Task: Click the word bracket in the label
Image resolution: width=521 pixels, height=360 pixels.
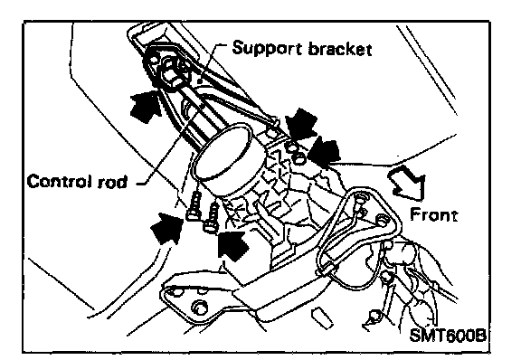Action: click(x=340, y=49)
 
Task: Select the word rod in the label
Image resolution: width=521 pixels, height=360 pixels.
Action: click(x=113, y=182)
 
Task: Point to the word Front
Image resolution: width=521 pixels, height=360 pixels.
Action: click(x=433, y=214)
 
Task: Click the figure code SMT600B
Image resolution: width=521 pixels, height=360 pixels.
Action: click(x=448, y=335)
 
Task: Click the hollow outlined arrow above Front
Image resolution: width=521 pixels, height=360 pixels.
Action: click(x=408, y=183)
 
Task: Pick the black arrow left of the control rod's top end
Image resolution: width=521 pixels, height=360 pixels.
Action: click(x=146, y=106)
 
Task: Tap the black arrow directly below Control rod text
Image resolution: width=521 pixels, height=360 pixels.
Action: click(x=167, y=228)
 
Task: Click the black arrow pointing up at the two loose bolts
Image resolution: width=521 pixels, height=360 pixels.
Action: click(x=233, y=245)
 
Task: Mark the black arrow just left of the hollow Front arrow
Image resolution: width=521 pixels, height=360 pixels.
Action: click(x=324, y=152)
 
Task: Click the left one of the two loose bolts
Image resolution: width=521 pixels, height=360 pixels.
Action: click(x=194, y=206)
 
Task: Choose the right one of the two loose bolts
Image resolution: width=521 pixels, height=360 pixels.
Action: click(x=212, y=217)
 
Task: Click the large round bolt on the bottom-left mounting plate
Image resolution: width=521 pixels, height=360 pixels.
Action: click(x=199, y=308)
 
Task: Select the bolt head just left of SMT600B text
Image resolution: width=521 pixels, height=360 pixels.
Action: click(x=374, y=315)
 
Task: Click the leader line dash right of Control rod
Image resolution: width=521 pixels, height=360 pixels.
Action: click(x=141, y=183)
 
